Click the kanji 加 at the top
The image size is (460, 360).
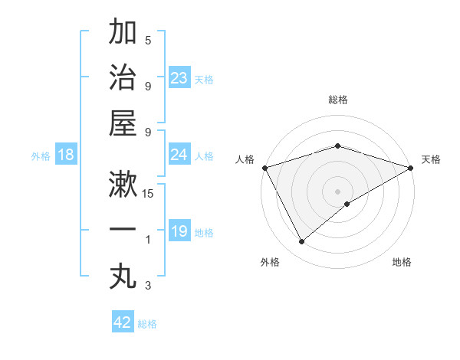123,33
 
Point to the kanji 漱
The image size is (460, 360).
123,184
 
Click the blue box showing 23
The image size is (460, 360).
179,77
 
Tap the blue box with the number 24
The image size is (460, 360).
179,155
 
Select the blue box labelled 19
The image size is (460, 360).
179,231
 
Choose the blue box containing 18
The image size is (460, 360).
66,155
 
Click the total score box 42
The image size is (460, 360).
123,322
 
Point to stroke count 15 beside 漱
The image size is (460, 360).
149,193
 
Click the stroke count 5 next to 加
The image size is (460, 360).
148,41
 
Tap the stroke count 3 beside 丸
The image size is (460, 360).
148,286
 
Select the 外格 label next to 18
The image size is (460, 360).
41,155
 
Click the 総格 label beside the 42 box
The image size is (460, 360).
147,324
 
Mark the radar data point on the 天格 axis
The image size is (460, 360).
411,168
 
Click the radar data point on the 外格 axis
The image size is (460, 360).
301,242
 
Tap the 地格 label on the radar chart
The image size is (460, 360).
402,263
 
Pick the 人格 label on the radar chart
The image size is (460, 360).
245,159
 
